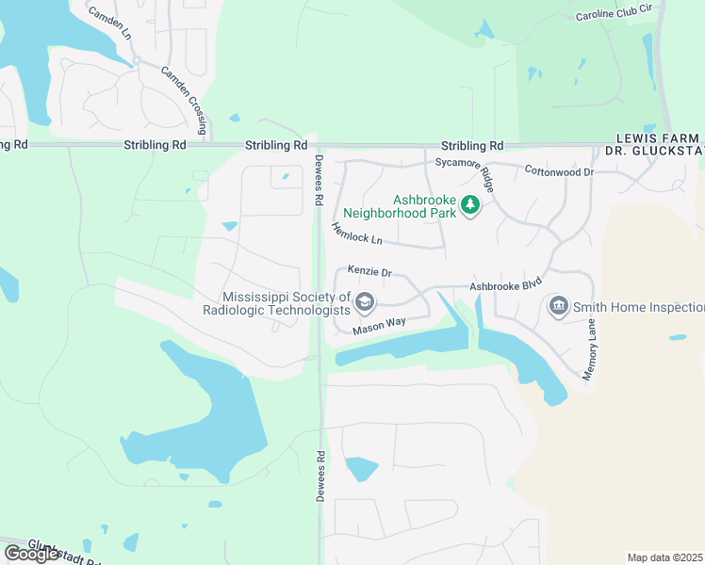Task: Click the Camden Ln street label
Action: click(x=108, y=25)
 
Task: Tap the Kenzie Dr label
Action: click(x=369, y=271)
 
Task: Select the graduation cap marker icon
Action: click(x=366, y=302)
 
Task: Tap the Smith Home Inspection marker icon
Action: click(x=558, y=306)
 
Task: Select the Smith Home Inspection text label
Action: click(x=639, y=307)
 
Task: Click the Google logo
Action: click(x=31, y=554)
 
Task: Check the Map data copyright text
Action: click(x=664, y=557)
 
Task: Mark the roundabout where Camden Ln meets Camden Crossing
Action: click(x=137, y=59)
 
